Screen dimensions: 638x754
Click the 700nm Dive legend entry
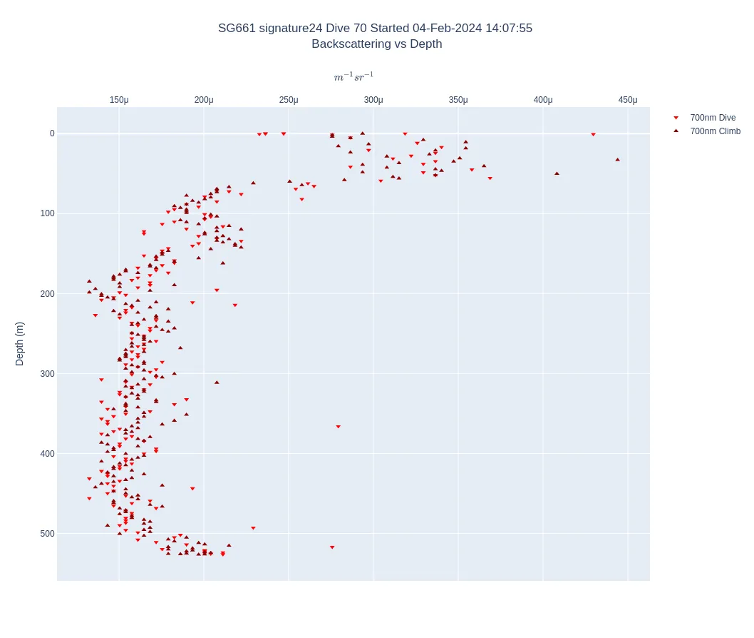[712, 118]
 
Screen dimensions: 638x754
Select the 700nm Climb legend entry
[715, 131]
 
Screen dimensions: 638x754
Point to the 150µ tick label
[119, 100]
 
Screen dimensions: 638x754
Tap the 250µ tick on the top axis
[289, 100]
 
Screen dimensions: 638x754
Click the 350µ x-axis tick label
[458, 100]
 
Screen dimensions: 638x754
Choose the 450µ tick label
[628, 100]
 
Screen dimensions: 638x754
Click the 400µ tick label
[543, 100]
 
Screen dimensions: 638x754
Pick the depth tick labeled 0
[52, 133]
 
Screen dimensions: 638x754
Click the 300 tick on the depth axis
[47, 374]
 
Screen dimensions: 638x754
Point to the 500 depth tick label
[47, 534]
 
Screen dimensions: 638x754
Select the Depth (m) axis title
[19, 344]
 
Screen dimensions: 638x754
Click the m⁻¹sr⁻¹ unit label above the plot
[353, 77]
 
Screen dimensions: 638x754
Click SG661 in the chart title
[237, 29]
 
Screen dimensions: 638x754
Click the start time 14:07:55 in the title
[509, 29]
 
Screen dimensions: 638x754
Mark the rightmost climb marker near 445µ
[617, 159]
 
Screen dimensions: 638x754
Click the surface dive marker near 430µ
[593, 134]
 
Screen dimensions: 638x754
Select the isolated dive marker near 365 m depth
[338, 427]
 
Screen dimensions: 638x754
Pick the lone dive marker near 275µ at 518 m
[332, 547]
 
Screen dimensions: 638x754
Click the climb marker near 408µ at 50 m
[557, 173]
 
